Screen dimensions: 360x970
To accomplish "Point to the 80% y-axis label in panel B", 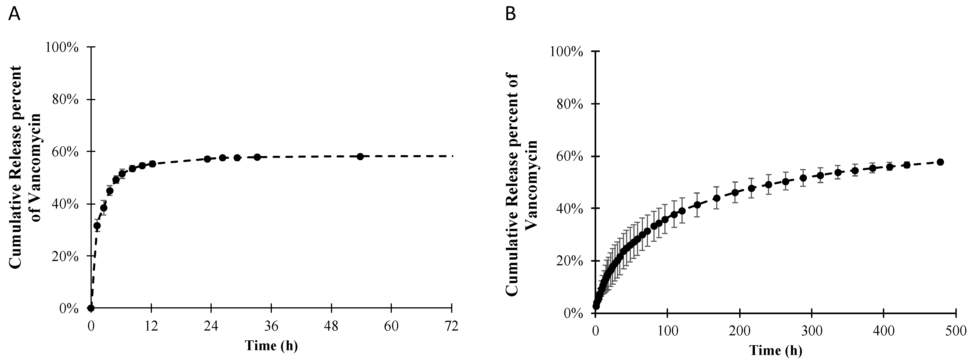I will point(566,104).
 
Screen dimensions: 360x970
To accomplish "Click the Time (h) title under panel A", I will point(271,345).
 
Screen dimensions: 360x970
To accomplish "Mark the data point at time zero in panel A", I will point(91,308).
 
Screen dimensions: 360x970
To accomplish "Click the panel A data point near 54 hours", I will point(360,156).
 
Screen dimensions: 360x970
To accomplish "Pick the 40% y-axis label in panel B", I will point(566,209).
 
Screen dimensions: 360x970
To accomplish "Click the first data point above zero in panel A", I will point(97,226).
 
